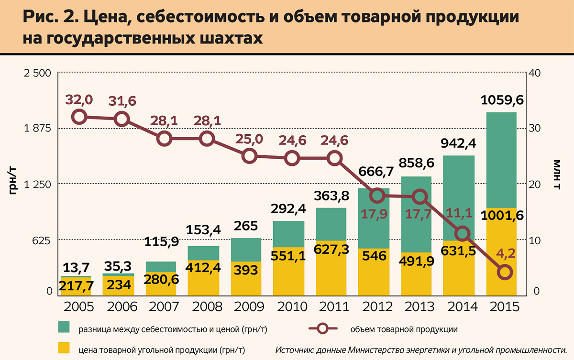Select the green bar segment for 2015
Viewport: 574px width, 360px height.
click(501, 160)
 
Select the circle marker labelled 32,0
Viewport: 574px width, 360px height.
click(79, 117)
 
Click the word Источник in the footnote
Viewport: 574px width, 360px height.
click(295, 349)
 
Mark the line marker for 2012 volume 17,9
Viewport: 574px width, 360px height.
click(377, 195)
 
